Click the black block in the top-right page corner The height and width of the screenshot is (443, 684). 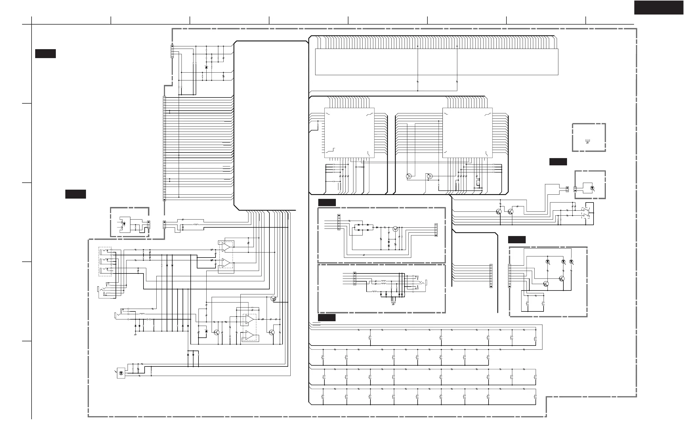click(659, 8)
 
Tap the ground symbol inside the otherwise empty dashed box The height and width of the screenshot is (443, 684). click(587, 141)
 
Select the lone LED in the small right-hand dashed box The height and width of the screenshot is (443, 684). click(592, 188)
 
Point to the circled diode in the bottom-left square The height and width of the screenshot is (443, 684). click(121, 373)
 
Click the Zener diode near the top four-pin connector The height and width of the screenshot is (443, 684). click(206, 67)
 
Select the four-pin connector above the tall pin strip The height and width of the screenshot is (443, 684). click(172, 51)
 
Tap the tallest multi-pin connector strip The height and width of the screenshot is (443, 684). click(164, 148)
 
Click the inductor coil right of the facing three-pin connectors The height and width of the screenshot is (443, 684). click(196, 225)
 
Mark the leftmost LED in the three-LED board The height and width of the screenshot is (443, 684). click(547, 262)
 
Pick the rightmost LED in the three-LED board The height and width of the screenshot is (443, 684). click(571, 262)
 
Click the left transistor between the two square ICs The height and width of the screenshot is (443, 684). click(409, 176)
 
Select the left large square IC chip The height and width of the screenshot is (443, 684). click(349, 133)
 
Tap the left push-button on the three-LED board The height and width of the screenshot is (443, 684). click(528, 304)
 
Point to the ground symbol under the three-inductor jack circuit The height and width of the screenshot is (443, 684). click(393, 304)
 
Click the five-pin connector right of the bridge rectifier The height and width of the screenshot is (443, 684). click(436, 230)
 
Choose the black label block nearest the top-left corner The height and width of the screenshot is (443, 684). click(46, 54)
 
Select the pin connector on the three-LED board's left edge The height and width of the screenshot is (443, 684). click(510, 276)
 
